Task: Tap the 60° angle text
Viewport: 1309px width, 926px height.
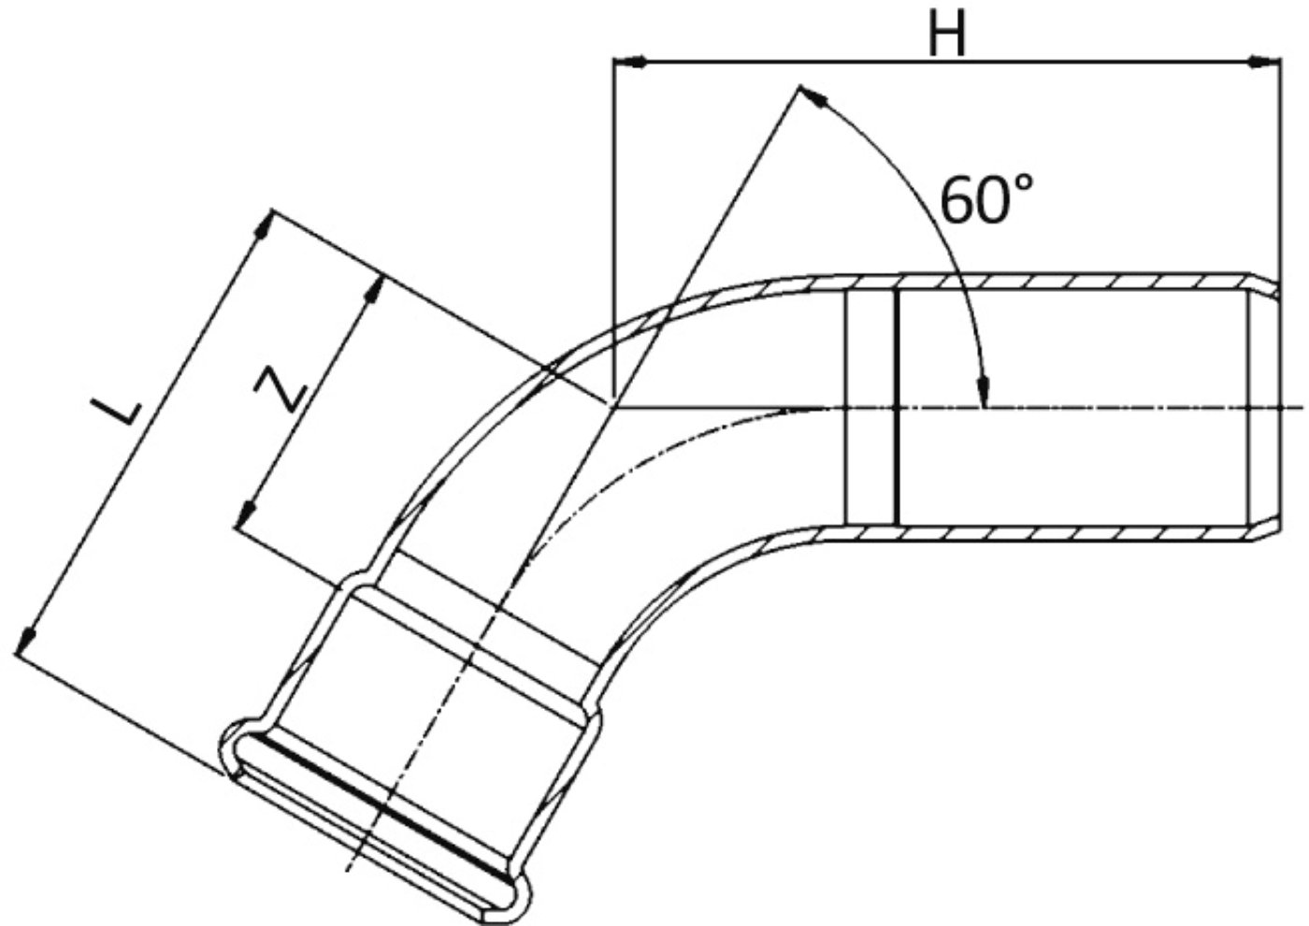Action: point(986,198)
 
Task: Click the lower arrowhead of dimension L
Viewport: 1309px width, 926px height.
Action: point(25,642)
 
